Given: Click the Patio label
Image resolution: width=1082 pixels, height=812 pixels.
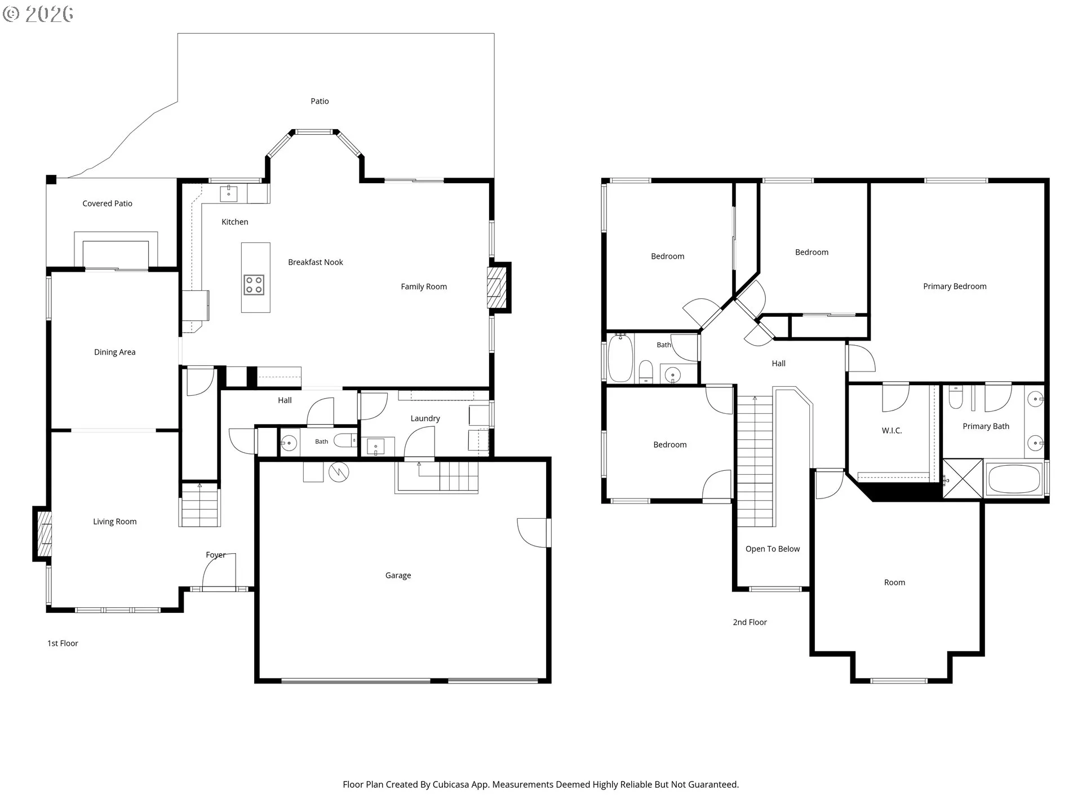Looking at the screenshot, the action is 320,101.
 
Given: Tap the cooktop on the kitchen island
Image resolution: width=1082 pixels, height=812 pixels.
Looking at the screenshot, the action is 254,285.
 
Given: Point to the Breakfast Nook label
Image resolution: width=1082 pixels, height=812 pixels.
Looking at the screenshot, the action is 316,262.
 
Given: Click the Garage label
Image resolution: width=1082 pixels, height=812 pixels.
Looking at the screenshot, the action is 398,576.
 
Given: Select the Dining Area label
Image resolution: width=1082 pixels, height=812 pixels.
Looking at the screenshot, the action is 114,352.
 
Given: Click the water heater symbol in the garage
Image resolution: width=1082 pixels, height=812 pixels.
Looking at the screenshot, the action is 339,472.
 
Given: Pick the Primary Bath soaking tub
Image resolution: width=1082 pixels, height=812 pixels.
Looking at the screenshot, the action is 1014,479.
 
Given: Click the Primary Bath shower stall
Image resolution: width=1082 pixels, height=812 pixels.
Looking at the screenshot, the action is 963,479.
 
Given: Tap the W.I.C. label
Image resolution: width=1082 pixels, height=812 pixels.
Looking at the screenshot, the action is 892,431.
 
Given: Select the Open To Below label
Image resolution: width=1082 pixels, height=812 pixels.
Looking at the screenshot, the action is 773,549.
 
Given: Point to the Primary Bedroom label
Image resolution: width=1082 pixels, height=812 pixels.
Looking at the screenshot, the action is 955,286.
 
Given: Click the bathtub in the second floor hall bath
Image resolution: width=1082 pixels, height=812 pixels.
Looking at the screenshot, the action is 620,358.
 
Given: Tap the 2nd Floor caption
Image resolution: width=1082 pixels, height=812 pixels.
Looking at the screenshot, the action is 750,623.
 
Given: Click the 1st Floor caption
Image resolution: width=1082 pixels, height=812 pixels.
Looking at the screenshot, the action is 63,643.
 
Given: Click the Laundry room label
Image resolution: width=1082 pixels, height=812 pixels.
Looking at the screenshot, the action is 425,418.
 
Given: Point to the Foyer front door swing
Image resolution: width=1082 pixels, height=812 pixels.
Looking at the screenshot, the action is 220,571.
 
